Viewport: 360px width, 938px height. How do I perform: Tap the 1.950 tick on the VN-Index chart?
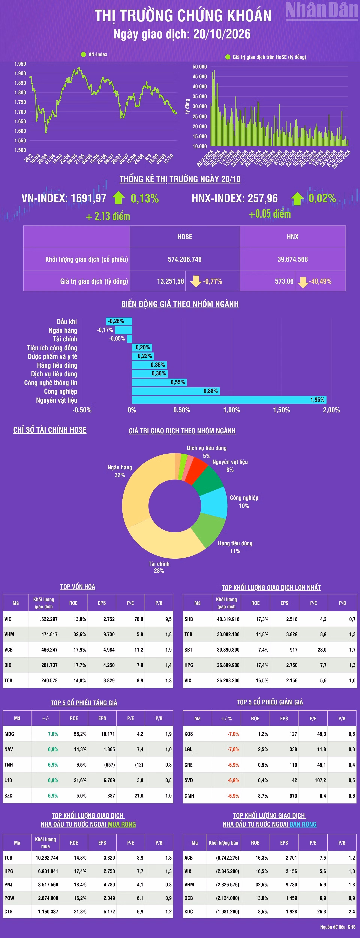(20, 64)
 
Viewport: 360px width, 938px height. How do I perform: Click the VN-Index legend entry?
(94, 54)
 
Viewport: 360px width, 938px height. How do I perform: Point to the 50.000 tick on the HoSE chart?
(199, 67)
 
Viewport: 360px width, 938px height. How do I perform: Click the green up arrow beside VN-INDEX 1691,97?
(118, 198)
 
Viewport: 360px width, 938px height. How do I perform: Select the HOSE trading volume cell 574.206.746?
(184, 259)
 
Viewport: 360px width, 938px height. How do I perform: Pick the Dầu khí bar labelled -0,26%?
(119, 321)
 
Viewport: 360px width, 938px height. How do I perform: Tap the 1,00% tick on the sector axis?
(232, 410)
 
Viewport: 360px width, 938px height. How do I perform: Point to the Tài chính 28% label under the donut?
(159, 567)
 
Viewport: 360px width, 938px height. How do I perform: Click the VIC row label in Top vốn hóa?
(8, 619)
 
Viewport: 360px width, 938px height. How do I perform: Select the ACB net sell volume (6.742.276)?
(227, 858)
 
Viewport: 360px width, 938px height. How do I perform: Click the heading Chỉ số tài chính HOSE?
(50, 430)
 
